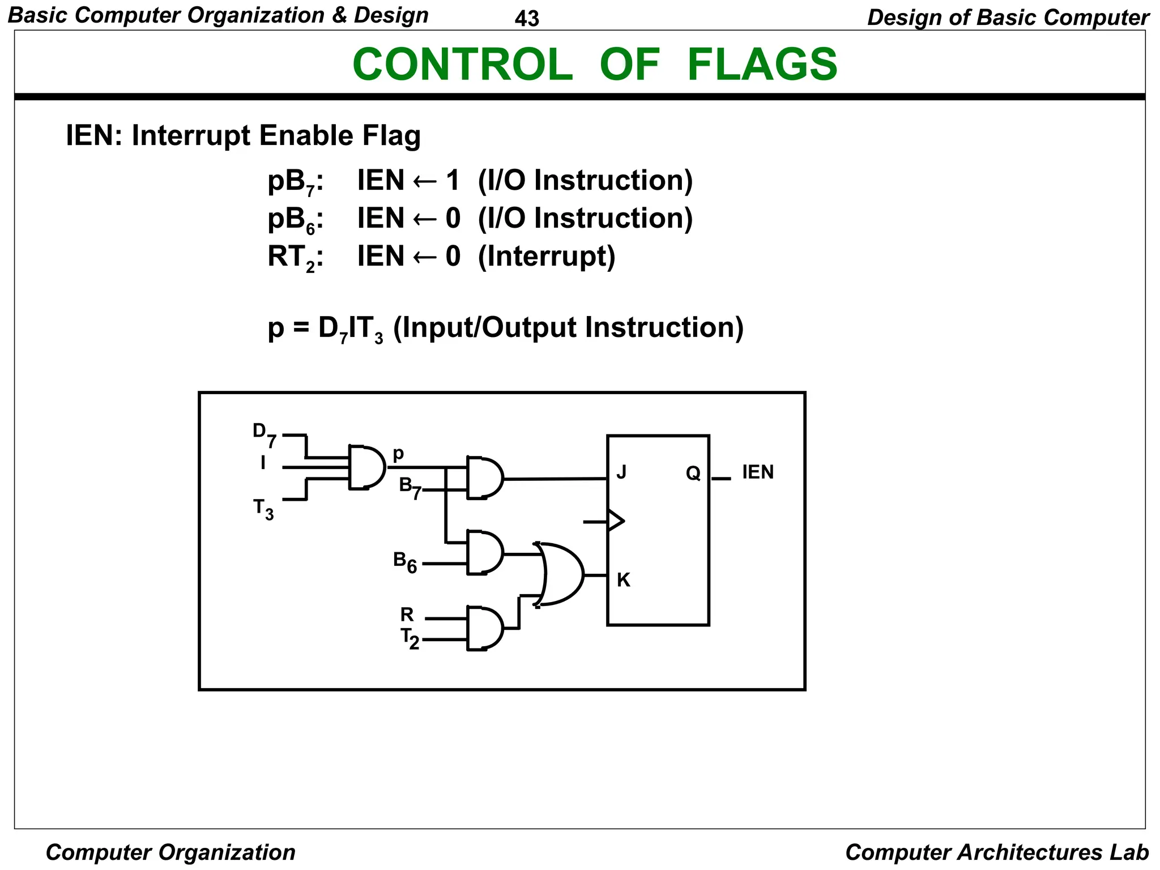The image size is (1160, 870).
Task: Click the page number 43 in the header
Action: tap(527, 19)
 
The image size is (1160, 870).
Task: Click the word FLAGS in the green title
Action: tap(762, 65)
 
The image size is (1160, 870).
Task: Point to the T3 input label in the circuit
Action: tap(263, 509)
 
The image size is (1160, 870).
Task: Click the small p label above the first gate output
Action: tap(398, 454)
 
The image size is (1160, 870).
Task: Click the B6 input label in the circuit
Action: tap(404, 562)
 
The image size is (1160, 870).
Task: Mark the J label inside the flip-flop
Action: tap(621, 472)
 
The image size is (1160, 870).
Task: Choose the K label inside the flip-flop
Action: tap(623, 580)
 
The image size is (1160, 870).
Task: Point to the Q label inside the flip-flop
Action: tap(693, 473)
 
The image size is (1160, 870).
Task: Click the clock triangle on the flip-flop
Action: tap(615, 521)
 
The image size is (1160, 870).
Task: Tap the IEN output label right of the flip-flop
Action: tap(757, 472)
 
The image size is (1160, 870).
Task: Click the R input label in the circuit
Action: tap(407, 615)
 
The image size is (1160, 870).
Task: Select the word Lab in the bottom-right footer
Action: tap(1129, 852)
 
